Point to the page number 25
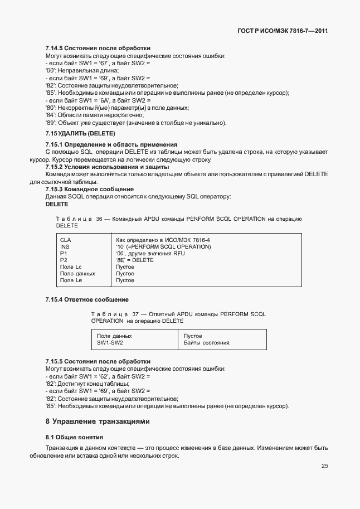[324, 466]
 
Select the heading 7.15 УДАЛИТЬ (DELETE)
[80, 134]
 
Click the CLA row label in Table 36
[66, 240]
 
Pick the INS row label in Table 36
[65, 246]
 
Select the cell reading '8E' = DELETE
[134, 260]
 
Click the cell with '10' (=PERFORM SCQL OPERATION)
[163, 246]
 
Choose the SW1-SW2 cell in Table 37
[110, 343]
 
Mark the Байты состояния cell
[206, 343]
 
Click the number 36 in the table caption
[100, 219]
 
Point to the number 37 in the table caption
[135, 314]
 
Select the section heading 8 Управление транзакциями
[98, 421]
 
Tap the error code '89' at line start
[49, 123]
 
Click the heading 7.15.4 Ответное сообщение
[87, 300]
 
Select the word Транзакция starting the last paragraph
[62, 448]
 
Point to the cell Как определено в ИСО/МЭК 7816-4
[163, 240]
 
